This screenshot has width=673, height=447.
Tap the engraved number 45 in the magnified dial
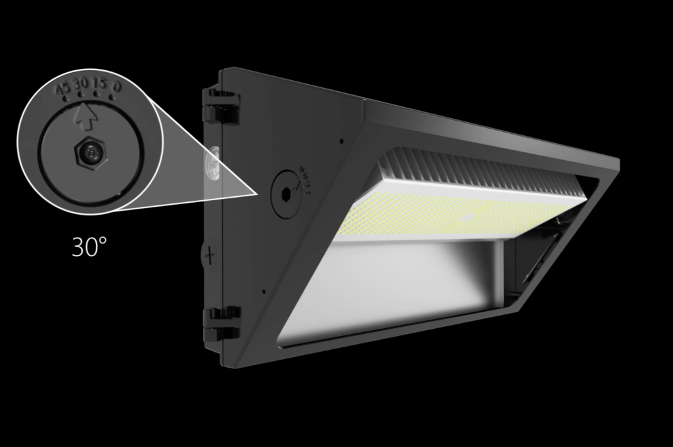pos(62,89)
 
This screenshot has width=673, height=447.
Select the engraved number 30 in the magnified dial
pos(81,84)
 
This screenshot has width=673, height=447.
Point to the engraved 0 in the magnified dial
pos(117,86)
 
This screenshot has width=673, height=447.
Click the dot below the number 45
pos(66,98)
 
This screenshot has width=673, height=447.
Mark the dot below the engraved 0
pos(112,97)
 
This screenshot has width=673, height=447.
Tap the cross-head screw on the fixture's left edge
pos(209,255)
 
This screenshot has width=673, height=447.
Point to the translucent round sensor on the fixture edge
pos(214,161)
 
